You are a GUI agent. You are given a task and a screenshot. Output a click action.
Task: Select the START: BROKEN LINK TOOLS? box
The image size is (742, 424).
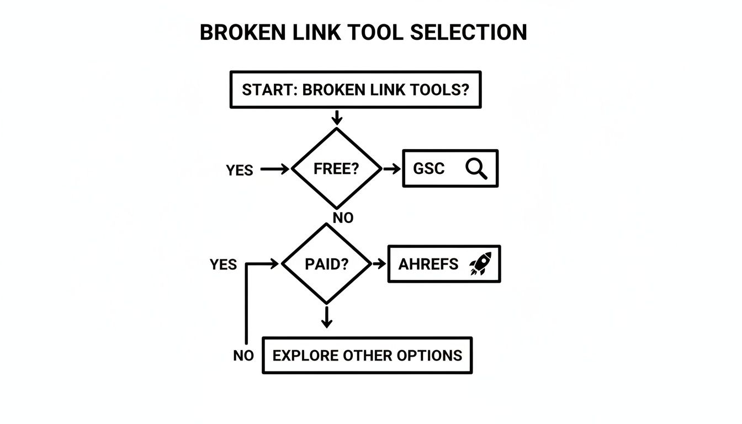355,89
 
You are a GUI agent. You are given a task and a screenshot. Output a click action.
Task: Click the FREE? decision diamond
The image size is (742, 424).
336,169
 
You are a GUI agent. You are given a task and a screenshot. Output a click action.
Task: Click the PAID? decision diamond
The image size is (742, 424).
326,264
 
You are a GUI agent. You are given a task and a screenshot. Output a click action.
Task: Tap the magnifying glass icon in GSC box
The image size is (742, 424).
476,168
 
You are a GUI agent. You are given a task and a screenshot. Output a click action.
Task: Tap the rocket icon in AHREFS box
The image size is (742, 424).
480,264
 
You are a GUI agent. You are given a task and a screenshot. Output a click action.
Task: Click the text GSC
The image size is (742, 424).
429,169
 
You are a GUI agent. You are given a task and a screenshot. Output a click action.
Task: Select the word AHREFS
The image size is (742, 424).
428,264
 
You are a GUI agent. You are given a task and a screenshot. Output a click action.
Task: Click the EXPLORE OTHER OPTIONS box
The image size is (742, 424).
367,355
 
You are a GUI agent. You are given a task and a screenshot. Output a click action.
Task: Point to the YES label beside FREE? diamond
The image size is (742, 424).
240,171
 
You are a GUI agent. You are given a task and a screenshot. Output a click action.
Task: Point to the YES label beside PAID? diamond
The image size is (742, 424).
223,265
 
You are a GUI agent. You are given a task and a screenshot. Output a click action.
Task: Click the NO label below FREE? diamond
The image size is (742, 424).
343,218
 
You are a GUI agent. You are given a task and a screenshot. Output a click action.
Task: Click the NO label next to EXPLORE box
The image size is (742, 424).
243,356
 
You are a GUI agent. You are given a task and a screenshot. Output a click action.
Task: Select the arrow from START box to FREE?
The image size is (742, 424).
336,117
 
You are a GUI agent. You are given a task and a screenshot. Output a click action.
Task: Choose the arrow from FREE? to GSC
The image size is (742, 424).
391,169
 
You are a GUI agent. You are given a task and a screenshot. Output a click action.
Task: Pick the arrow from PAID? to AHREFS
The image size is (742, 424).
379,264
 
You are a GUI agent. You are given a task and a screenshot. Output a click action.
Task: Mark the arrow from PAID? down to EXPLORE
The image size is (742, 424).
326,317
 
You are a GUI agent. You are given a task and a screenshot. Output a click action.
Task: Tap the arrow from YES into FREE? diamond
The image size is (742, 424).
274,169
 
